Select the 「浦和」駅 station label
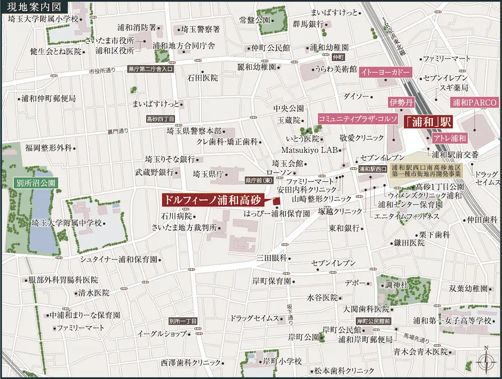click(429, 121)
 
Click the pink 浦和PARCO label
click(474, 103)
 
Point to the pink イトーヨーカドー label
click(386, 72)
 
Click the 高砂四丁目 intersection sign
click(160, 119)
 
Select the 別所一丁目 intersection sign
click(184, 321)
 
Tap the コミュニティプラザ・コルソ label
click(358, 118)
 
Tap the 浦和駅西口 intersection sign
click(372, 169)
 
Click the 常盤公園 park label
click(256, 21)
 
